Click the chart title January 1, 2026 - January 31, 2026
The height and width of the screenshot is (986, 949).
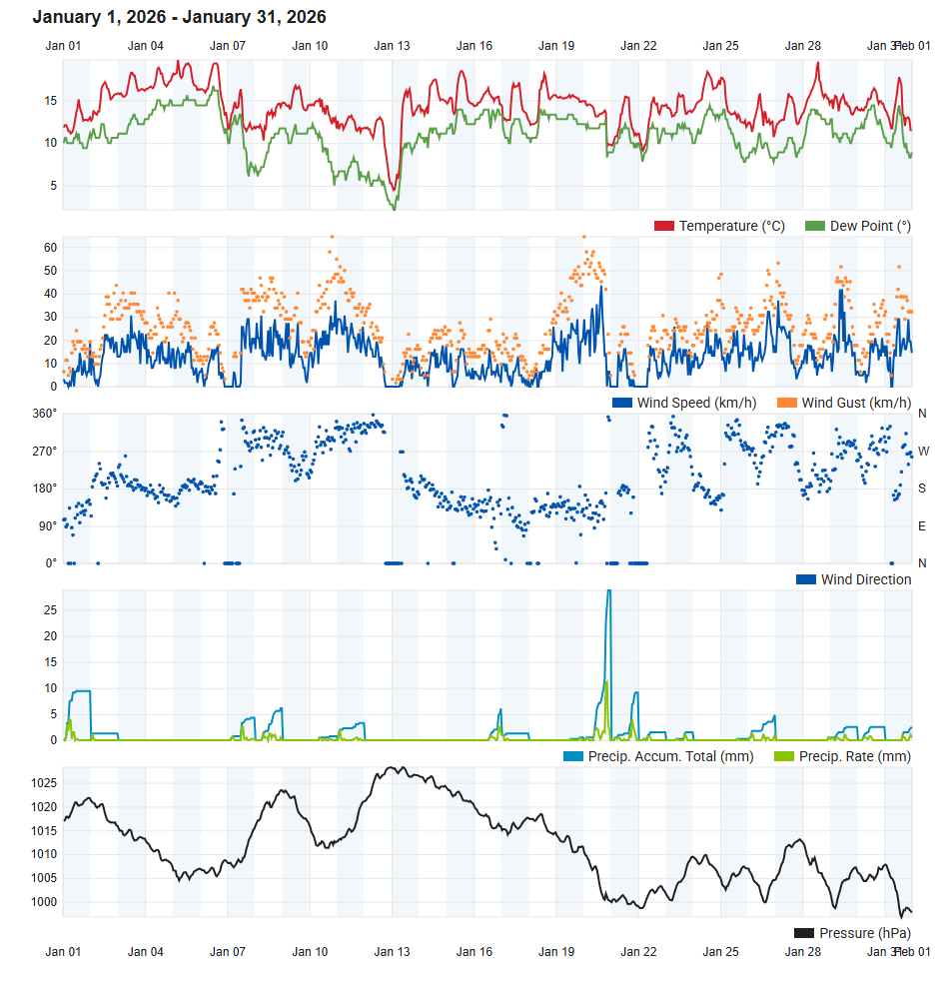click(179, 17)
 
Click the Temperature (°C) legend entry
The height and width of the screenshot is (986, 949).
click(719, 226)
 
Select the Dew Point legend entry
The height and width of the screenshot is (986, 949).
click(858, 226)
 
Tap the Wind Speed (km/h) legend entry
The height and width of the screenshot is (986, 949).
click(683, 403)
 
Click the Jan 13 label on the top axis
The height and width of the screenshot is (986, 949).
click(392, 46)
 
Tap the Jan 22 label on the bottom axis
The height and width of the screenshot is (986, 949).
click(638, 952)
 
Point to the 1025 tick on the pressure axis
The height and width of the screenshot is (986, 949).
click(45, 783)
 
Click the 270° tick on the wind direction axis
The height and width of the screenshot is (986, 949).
click(45, 451)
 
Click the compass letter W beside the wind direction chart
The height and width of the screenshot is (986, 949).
click(923, 451)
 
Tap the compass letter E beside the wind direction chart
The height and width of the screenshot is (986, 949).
click(922, 525)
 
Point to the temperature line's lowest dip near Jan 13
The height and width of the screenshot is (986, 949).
click(395, 190)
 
